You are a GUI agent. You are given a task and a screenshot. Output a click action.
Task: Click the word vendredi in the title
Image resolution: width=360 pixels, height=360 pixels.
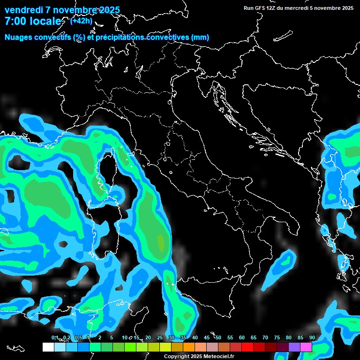(x=23, y=10)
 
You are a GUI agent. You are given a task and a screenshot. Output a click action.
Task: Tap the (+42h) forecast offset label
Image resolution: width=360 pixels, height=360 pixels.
(x=81, y=21)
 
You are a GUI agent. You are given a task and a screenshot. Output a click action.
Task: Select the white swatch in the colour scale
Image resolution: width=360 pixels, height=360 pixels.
(x=48, y=347)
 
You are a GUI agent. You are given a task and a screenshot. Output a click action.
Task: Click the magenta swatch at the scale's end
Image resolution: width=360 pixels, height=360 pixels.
(x=306, y=347)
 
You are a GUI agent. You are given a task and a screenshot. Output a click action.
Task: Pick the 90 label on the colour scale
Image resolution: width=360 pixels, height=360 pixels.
(x=312, y=338)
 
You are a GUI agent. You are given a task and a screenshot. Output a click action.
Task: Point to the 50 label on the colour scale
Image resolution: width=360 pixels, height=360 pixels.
(x=218, y=338)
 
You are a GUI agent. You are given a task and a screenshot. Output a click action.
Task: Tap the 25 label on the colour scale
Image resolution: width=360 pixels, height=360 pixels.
(x=160, y=338)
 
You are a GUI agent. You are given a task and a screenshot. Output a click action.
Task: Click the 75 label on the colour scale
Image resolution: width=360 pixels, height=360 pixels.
(x=277, y=338)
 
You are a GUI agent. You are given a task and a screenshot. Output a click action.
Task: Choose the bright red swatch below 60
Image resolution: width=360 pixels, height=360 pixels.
(x=247, y=347)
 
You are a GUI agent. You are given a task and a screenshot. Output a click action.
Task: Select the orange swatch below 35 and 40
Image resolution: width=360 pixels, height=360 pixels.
(x=189, y=347)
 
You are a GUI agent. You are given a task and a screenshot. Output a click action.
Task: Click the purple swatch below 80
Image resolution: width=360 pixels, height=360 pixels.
(x=294, y=347)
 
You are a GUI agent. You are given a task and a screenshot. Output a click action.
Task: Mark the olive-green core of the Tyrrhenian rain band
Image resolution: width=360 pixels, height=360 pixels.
(x=161, y=242)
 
